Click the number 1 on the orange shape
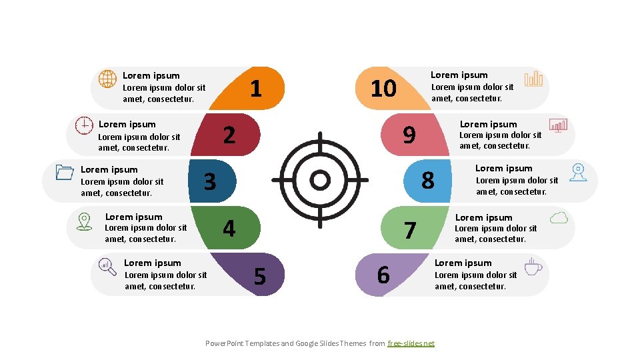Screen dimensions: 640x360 255,89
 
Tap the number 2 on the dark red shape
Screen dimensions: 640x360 229,135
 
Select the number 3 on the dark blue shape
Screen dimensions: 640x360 210,181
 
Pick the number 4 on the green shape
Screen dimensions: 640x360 229,229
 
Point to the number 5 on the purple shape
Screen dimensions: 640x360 260,275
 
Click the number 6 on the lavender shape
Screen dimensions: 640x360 383,275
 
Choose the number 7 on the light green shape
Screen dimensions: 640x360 410,230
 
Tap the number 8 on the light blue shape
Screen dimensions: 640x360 428,180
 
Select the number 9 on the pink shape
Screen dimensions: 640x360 409,135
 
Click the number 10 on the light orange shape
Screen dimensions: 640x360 383,89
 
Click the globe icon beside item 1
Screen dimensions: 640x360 107,79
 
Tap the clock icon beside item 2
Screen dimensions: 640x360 84,125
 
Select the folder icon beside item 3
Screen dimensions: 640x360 65,172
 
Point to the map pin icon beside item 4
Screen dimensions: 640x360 84,221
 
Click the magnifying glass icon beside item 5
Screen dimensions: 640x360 107,267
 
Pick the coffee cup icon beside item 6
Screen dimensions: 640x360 533,267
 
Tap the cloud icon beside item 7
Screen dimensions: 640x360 559,217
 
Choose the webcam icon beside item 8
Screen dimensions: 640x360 577,172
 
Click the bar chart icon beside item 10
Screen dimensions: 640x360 533,79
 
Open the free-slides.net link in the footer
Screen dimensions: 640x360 411,343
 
